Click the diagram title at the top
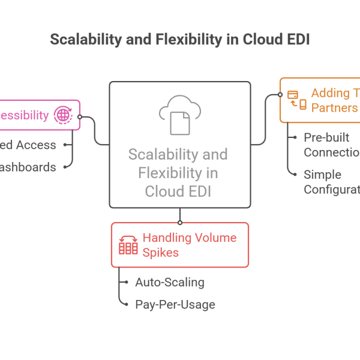point(180,40)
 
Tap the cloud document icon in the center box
point(179,114)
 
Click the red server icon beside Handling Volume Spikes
point(128,245)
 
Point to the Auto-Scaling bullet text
point(170,282)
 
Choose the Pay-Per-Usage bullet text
point(175,305)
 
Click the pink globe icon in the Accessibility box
point(62,115)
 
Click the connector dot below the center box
point(179,222)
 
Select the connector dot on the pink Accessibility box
point(80,117)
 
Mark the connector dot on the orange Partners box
point(280,95)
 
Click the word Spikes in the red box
point(160,252)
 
